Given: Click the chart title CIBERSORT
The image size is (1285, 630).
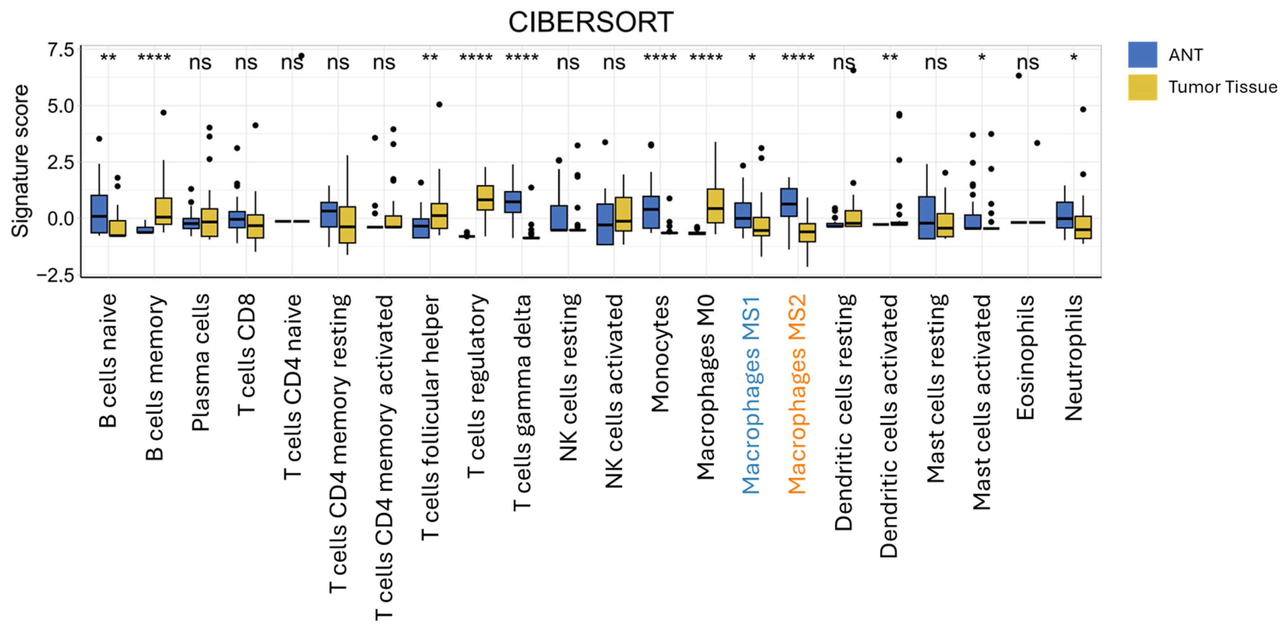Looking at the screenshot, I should pos(591,22).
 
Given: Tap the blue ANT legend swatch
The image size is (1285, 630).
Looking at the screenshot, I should pos(1142,54).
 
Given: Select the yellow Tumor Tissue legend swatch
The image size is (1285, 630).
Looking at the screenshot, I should pos(1142,87).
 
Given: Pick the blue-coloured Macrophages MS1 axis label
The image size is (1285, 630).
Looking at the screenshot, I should pos(751,394).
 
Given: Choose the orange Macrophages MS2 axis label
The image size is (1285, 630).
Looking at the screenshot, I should pos(797,394).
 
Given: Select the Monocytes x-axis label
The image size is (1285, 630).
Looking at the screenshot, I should pos(659,353).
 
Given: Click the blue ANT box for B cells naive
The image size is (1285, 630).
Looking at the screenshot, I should pos(99,214).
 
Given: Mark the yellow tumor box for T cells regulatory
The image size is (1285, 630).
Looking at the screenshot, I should pos(485,198).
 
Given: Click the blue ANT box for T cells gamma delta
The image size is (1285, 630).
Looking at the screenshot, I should pos(513,201).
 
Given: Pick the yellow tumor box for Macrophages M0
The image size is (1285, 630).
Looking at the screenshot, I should pos(715,205).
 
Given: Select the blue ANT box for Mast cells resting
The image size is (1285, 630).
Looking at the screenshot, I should pos(926,217).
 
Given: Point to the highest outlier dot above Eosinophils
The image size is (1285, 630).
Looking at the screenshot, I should pos(1019,76).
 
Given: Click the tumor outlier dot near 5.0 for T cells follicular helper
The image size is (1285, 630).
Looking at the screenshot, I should pos(439,105).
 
